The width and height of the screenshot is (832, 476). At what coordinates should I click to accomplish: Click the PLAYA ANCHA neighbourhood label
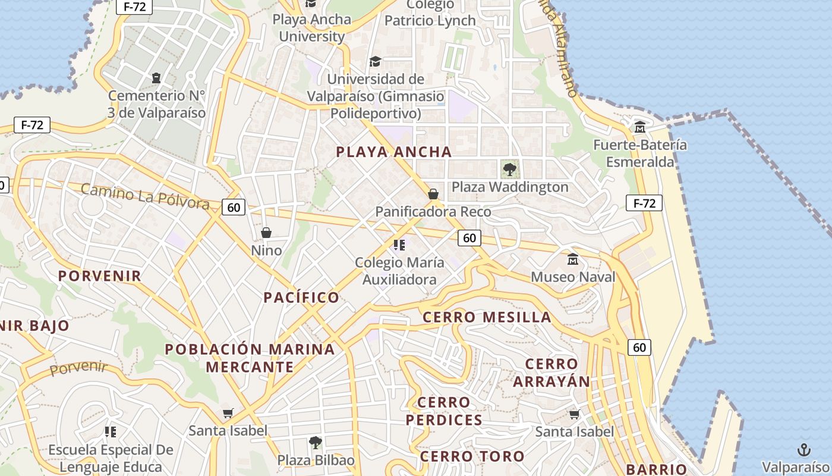coord(394,152)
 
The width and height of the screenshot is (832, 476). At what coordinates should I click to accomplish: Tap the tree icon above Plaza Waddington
coord(509,169)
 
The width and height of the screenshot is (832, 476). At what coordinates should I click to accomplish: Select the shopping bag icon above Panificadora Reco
coord(433,194)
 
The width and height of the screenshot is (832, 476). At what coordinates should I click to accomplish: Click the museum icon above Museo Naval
coord(573,259)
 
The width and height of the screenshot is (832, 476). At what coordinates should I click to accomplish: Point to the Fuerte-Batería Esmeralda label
coord(640,153)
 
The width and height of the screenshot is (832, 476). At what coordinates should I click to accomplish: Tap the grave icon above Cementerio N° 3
coord(156,77)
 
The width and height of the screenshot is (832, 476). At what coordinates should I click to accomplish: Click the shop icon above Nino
coord(266,232)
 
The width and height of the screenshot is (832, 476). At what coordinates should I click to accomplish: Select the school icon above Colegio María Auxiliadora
coord(399,245)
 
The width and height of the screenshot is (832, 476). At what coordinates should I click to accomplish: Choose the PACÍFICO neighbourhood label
coord(301,297)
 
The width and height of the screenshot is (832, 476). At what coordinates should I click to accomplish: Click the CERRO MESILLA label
coord(487,317)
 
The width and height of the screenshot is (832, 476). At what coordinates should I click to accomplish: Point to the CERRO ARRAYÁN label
coord(551,372)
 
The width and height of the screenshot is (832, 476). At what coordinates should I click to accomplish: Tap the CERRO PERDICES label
coord(444,411)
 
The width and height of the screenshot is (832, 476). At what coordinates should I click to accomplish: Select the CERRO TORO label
coord(472,457)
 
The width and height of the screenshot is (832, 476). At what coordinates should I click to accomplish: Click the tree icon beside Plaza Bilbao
coord(316,442)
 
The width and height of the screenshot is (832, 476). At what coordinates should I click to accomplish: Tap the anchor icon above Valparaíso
coord(803,449)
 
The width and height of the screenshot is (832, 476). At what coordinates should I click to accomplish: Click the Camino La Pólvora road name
coord(144,196)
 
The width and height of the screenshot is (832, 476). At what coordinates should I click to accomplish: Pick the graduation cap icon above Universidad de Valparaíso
coord(375,61)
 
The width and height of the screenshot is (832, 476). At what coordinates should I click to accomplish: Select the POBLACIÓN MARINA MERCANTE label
coord(250,358)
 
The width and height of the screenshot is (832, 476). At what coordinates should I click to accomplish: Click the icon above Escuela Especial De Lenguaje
coord(111,431)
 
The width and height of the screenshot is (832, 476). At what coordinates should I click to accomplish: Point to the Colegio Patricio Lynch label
coord(430,13)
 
